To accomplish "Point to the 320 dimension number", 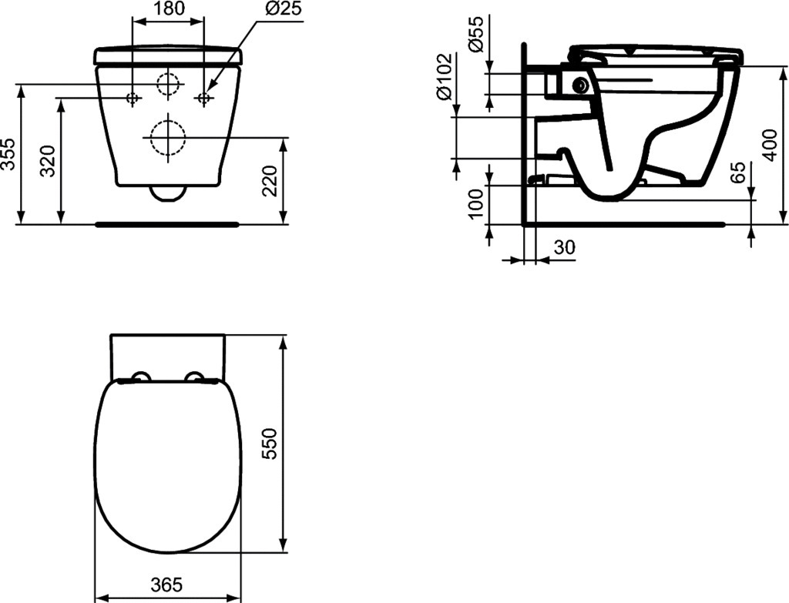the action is (49, 161).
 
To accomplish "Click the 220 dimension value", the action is (270, 181).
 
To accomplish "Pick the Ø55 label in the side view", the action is (475, 33).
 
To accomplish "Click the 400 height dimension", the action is (770, 145).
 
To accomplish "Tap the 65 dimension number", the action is (738, 173).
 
